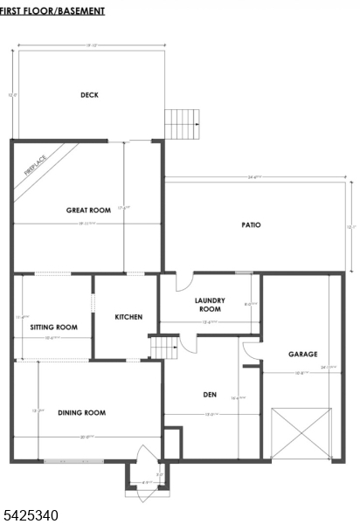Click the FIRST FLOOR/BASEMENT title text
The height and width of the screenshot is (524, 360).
[x=52, y=11]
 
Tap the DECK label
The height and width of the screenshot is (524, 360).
[x=89, y=95]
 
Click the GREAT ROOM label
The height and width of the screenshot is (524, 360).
[x=88, y=210]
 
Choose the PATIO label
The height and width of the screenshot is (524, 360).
[x=252, y=224]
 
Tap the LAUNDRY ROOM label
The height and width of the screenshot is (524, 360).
[x=210, y=304]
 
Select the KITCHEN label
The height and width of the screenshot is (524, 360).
[x=128, y=317]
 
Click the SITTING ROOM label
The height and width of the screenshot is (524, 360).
[x=53, y=327]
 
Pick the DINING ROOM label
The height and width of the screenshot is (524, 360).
[x=81, y=412]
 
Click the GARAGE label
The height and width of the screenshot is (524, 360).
[x=302, y=354]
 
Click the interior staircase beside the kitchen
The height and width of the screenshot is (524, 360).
[x=161, y=348]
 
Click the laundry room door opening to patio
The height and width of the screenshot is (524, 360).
[x=183, y=281]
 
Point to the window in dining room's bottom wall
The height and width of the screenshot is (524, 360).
[x=73, y=460]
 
